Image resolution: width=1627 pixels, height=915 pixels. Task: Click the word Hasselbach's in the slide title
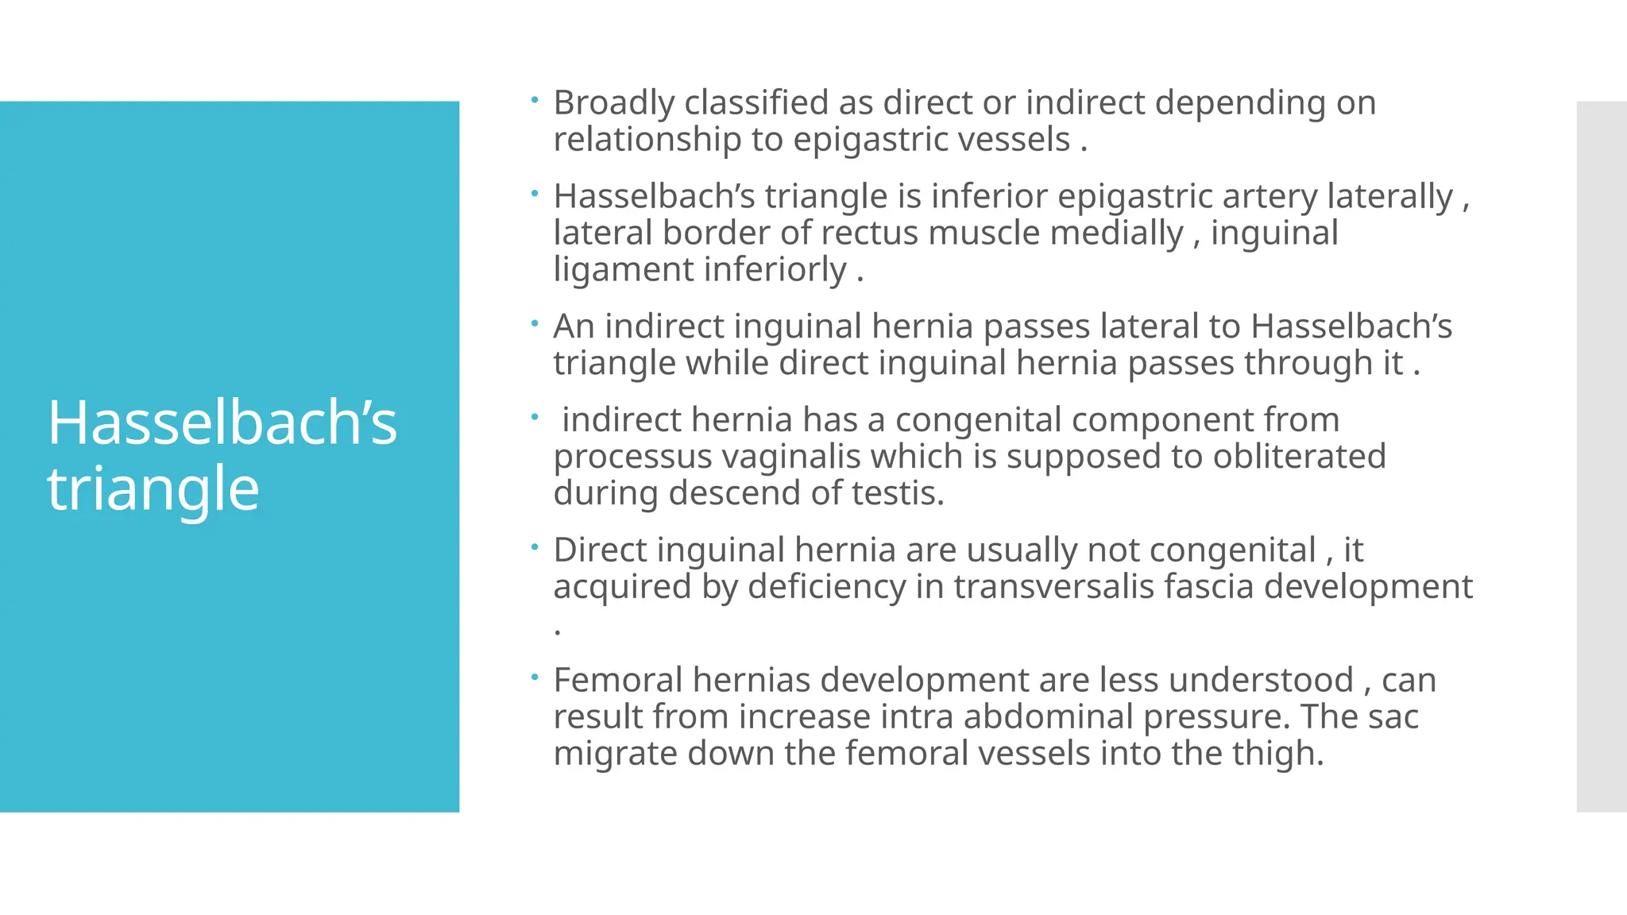222,423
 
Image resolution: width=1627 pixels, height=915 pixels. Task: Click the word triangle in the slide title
153,489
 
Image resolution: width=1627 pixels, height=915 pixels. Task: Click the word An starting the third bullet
574,326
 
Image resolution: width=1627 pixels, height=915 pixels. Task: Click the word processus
633,457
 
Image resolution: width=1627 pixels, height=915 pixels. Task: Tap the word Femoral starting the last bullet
617,681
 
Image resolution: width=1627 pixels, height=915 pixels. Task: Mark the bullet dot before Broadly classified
535,100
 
